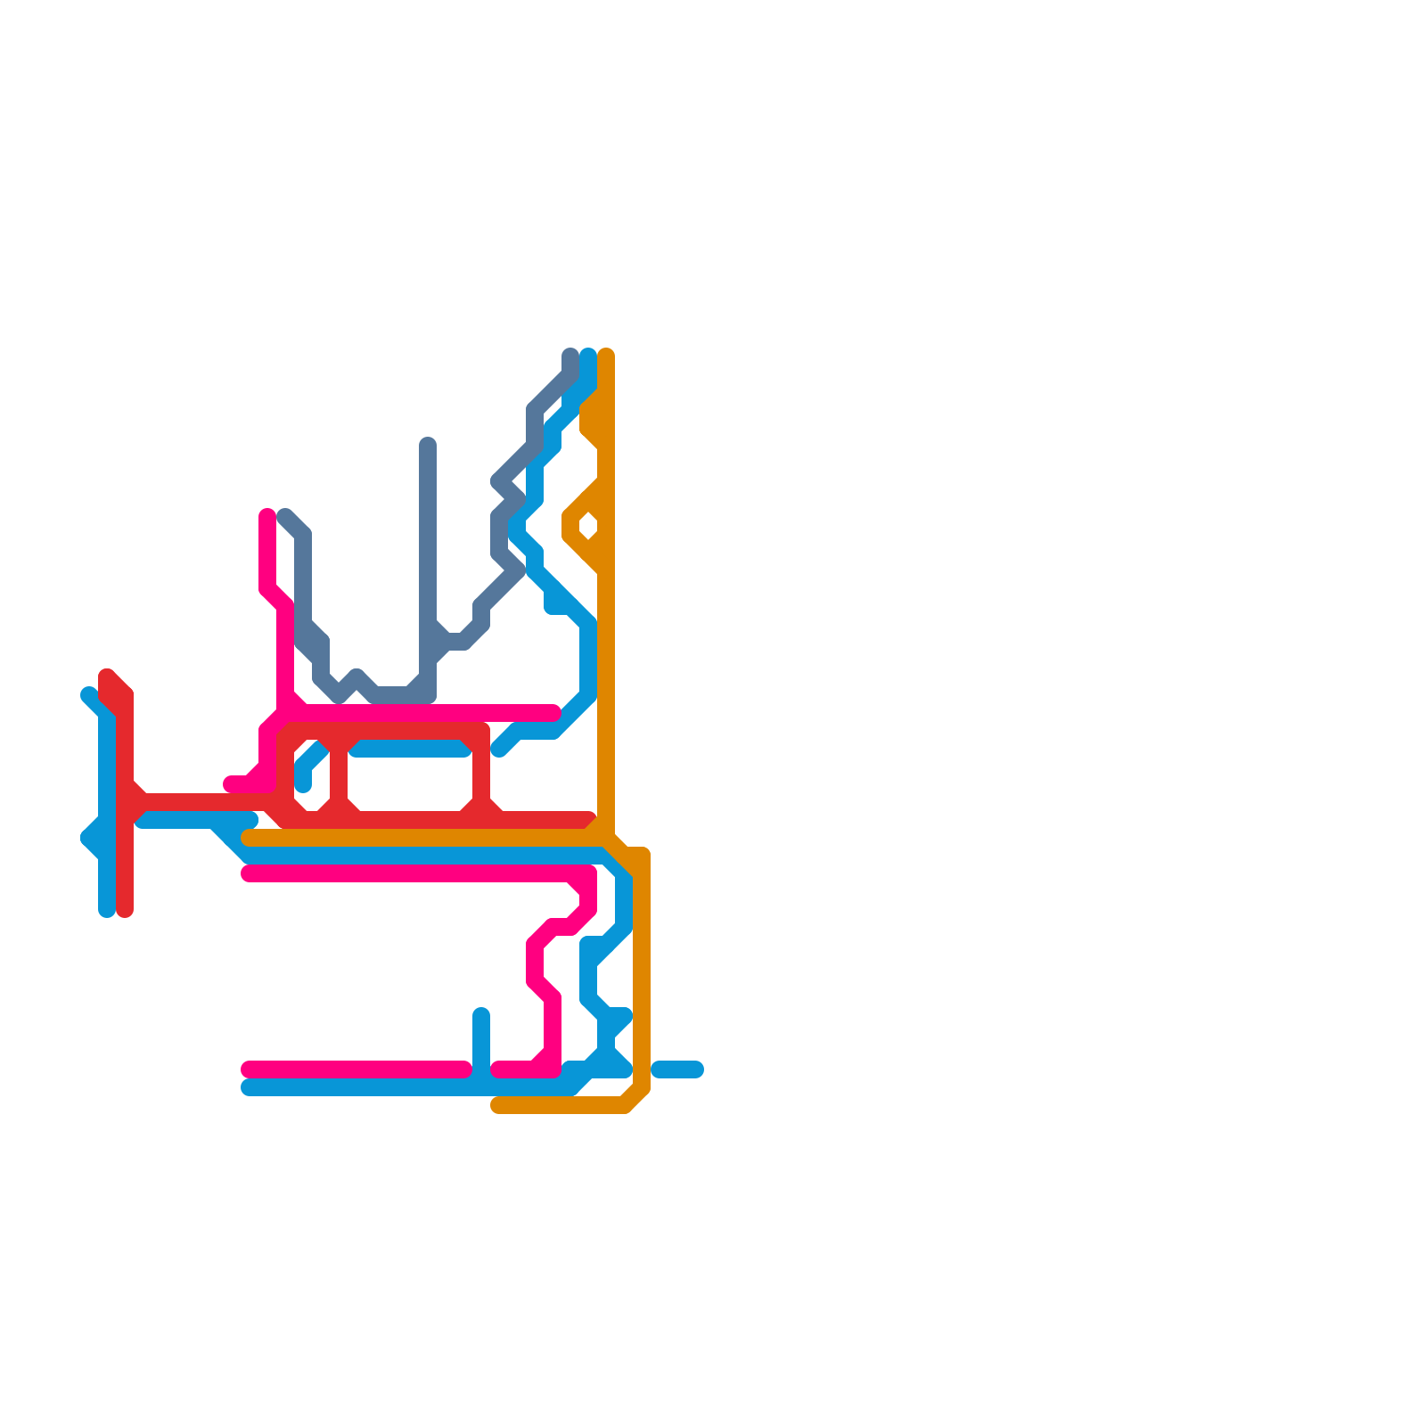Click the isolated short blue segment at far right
677,1069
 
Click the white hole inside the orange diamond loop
587,526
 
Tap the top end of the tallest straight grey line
428,444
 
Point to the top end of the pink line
267,514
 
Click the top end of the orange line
606,355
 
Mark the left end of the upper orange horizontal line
250,838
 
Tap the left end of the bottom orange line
498,1106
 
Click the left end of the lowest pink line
249,1069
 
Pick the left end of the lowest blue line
249,1087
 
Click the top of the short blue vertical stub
481,1014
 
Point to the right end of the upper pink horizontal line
553,713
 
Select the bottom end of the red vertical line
126,910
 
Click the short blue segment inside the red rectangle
410,750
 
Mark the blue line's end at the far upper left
88,694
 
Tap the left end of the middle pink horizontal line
249,873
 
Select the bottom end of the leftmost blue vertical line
107,910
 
